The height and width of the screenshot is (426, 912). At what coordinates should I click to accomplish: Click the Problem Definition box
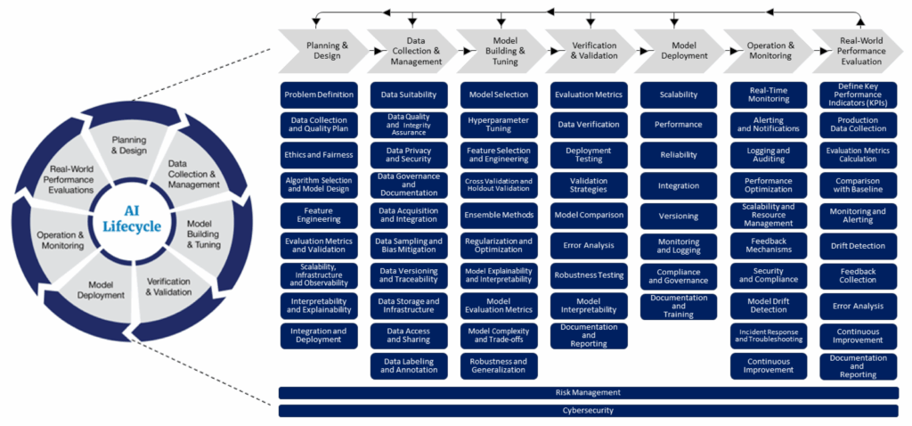click(x=320, y=94)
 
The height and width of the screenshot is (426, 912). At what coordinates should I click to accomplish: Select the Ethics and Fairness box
click(x=320, y=155)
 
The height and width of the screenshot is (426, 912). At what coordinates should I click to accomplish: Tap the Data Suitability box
click(x=409, y=94)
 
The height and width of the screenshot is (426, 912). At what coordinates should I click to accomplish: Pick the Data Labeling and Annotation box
click(x=409, y=365)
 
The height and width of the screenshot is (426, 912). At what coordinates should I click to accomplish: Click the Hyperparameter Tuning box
click(x=499, y=124)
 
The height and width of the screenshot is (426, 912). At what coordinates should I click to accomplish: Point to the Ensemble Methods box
click(x=499, y=215)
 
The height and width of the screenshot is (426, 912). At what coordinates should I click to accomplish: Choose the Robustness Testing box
click(x=589, y=275)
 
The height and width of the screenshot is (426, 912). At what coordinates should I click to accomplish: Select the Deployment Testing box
click(x=589, y=155)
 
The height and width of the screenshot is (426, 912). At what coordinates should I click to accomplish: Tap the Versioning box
click(x=679, y=216)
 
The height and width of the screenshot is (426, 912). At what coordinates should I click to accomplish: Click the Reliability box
click(x=679, y=155)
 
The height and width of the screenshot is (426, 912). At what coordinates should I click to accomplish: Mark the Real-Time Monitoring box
click(x=768, y=94)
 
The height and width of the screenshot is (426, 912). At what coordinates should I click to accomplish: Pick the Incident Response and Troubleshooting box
click(x=768, y=335)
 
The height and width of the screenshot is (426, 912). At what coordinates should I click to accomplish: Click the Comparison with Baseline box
click(x=858, y=184)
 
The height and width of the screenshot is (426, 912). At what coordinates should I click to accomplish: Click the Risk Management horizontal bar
click(x=588, y=392)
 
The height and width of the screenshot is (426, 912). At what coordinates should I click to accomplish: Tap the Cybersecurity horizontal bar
click(x=588, y=411)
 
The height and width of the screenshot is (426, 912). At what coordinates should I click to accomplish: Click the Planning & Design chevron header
click(x=321, y=51)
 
